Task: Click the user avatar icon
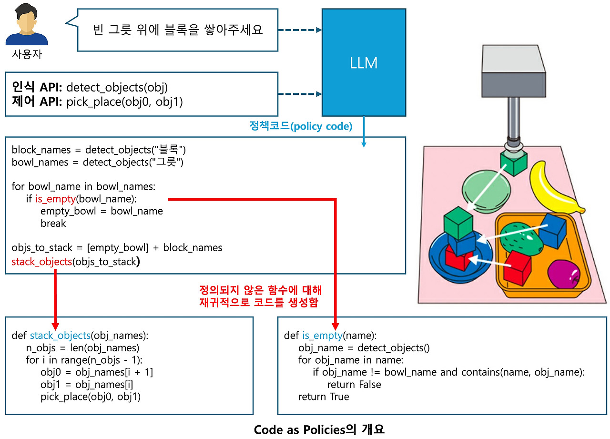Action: coord(27,26)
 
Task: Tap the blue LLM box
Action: coord(364,62)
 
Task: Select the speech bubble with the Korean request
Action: coord(177,31)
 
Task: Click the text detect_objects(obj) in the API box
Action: coord(117,87)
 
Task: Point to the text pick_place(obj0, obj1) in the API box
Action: coord(124,102)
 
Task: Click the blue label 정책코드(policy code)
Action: coord(301,126)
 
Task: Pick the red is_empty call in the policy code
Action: coord(55,199)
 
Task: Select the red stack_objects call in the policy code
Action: coord(42,261)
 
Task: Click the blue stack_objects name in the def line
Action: coord(60,336)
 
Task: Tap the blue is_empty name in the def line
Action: coord(322,336)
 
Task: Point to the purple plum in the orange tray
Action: coord(564,274)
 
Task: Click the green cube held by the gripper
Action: coord(513,163)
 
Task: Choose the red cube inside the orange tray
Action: coord(517,267)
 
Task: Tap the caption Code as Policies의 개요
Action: coord(319,429)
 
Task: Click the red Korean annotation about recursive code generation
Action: coord(260,296)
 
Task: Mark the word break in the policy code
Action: coord(53,224)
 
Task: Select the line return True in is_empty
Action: coord(324,397)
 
